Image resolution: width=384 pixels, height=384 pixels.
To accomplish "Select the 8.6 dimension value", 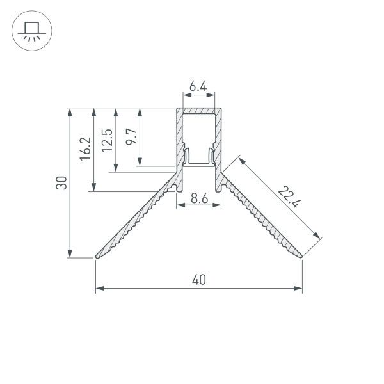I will [x=198, y=199].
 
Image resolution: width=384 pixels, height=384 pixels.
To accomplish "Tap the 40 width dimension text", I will [x=198, y=280].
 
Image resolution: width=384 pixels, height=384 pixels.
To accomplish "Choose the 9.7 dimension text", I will [x=130, y=136].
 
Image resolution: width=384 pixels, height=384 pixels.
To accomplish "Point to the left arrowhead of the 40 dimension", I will [x=99, y=289].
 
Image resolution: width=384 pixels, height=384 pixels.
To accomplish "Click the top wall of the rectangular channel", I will [x=198, y=110].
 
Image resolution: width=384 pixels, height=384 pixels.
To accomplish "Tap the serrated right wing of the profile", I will [x=262, y=221].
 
